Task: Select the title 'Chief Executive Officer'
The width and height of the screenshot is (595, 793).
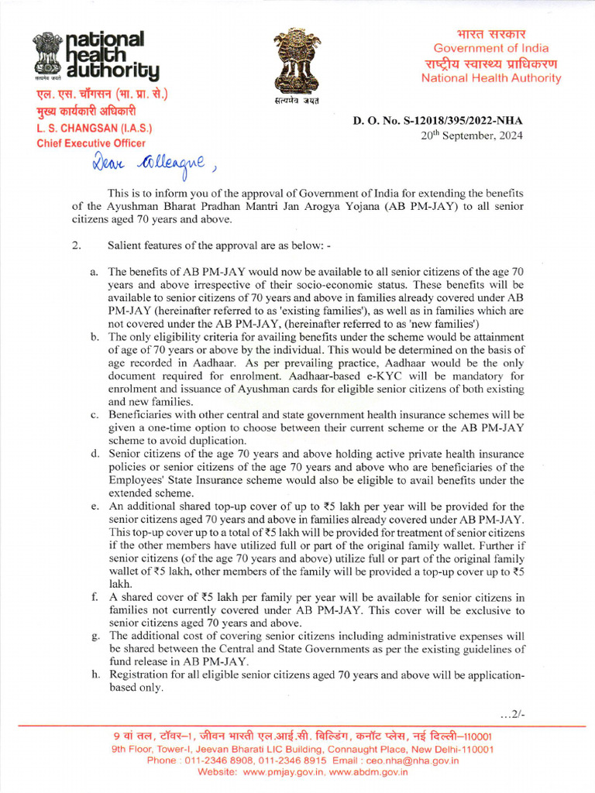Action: [91, 143]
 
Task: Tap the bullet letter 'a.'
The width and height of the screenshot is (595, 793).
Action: [94, 272]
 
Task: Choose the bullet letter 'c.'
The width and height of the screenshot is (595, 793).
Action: [94, 415]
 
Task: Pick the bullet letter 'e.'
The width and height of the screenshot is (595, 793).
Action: [94, 507]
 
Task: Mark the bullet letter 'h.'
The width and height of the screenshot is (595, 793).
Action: [94, 675]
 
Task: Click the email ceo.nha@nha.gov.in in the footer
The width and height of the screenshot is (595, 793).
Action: [410, 760]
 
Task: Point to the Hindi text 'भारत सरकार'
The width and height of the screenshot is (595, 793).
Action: [490, 34]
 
